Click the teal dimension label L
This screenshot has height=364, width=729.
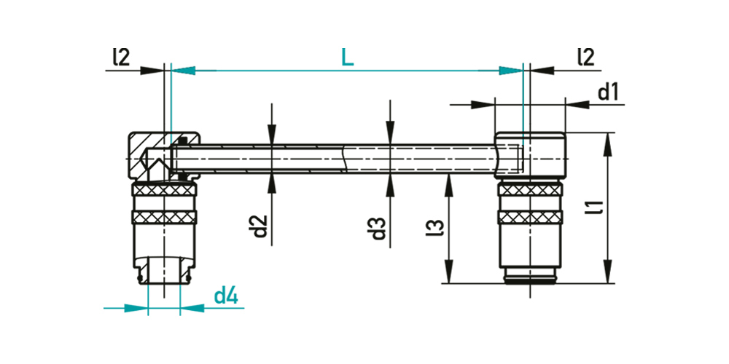347,56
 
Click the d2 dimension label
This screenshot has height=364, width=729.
261,226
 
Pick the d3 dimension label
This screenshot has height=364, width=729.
379,227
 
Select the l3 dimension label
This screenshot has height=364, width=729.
434,227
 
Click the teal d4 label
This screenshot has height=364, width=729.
227,296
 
